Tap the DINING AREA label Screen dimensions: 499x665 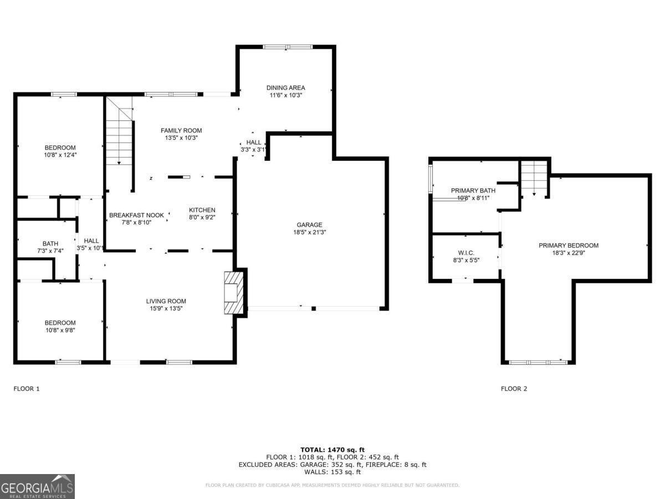(x=285, y=88)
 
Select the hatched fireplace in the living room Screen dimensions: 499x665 (x=233, y=292)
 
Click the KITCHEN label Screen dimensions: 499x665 (x=202, y=210)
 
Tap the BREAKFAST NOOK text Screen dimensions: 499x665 (x=136, y=215)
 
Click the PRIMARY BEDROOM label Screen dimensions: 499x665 (x=569, y=246)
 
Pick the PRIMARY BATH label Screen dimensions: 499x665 (x=473, y=190)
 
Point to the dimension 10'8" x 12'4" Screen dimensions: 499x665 (x=60, y=155)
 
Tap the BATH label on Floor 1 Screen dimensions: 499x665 (x=50, y=243)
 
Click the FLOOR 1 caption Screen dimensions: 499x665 (x=27, y=389)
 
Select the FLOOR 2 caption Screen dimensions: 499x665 (x=514, y=389)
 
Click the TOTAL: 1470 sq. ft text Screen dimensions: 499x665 (x=332, y=450)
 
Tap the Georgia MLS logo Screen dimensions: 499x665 (x=37, y=486)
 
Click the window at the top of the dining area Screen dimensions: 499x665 (x=288, y=47)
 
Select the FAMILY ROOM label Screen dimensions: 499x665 (x=181, y=130)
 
